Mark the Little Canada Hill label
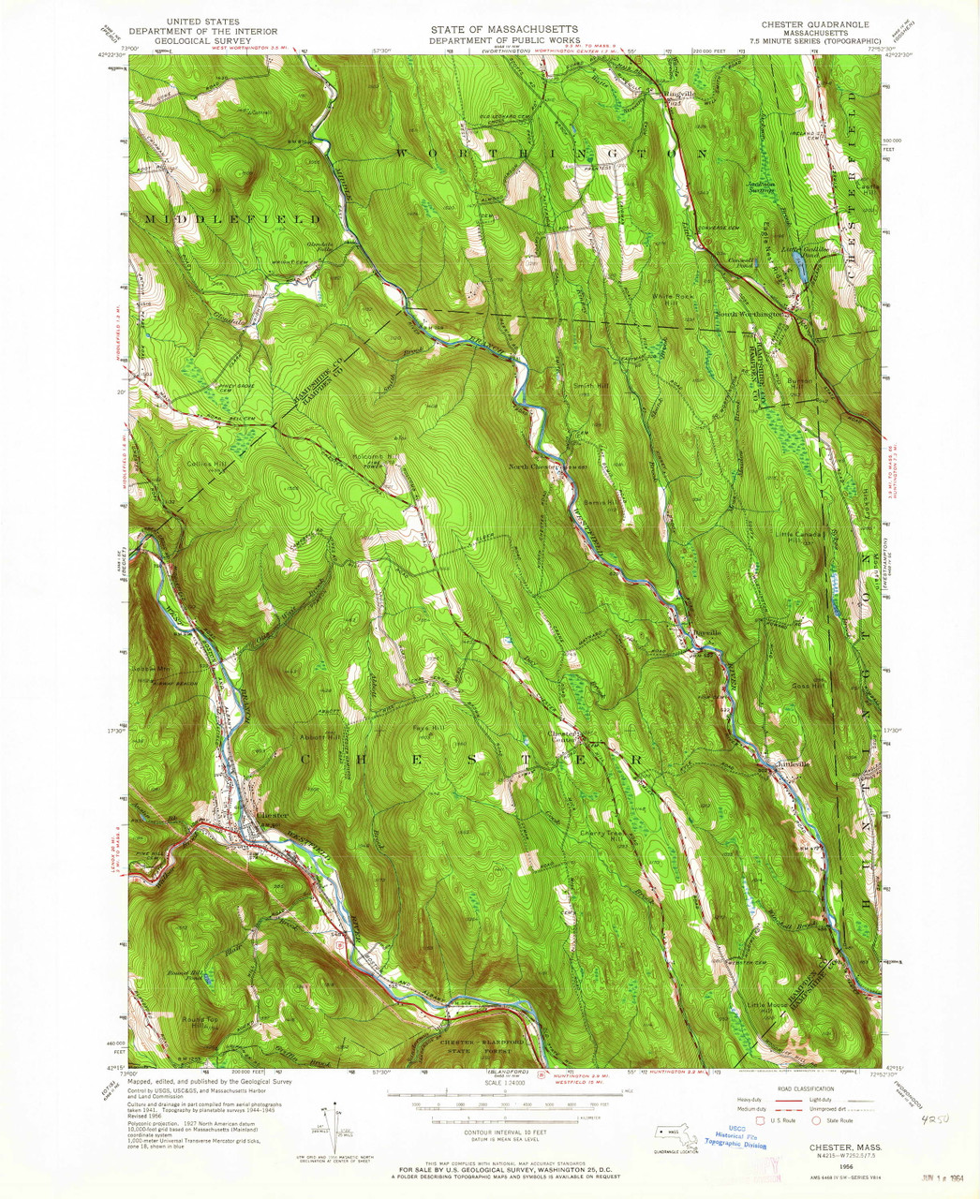[x=798, y=537]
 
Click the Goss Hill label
[x=807, y=686]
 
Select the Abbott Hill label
[x=319, y=736]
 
